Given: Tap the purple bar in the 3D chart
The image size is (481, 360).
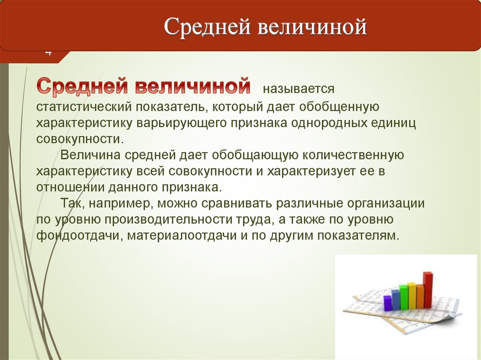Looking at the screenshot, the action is click(388, 302).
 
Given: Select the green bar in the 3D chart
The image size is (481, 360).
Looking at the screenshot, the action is click(403, 297).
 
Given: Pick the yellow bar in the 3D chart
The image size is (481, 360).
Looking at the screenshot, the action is click(412, 296).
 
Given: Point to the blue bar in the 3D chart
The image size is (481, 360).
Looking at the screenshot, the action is click(396, 299).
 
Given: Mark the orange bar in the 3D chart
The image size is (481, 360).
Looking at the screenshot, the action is click(419, 297).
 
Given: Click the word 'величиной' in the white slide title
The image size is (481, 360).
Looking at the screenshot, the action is click(312, 26).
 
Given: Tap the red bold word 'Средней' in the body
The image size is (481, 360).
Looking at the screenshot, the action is click(82, 86).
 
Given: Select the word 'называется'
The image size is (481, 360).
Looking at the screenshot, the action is click(298, 89).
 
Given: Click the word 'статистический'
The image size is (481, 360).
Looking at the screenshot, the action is click(84, 107).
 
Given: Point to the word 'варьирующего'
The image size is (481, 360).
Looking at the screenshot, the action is click(181, 123).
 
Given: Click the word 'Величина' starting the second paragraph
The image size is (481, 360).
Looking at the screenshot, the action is click(90, 155).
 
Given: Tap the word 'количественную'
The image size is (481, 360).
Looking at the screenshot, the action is click(353, 155).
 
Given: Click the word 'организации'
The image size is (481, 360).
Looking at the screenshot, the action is click(386, 204).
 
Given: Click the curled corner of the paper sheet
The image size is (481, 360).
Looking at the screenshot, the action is click(451, 319).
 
